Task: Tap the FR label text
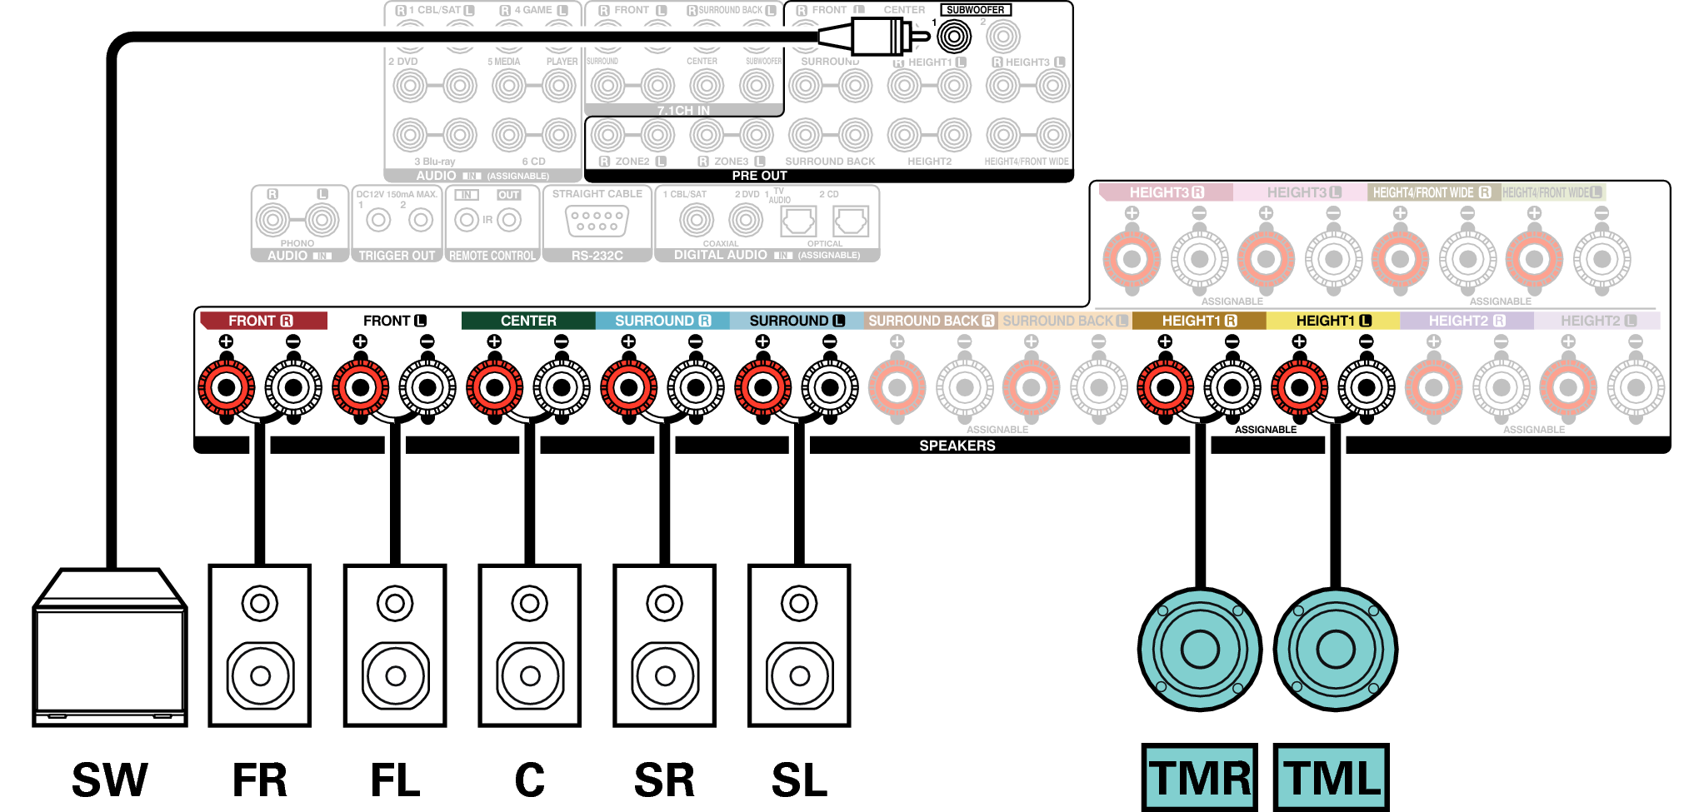(x=259, y=780)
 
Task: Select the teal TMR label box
(x=1199, y=778)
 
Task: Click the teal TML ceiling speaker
(x=1335, y=650)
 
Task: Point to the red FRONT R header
(x=262, y=321)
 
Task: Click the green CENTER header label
(x=528, y=321)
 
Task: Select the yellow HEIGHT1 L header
(x=1332, y=321)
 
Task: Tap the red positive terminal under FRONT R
(x=226, y=387)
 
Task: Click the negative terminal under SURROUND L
(x=829, y=387)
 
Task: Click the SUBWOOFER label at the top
(x=975, y=10)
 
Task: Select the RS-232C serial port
(x=597, y=221)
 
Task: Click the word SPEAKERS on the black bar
(x=957, y=446)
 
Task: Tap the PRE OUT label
(x=759, y=176)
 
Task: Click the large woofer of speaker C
(x=530, y=675)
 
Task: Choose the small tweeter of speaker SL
(x=799, y=603)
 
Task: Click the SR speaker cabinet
(x=664, y=645)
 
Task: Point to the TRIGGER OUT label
(x=397, y=256)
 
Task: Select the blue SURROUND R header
(x=662, y=321)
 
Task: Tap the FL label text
(x=395, y=780)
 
